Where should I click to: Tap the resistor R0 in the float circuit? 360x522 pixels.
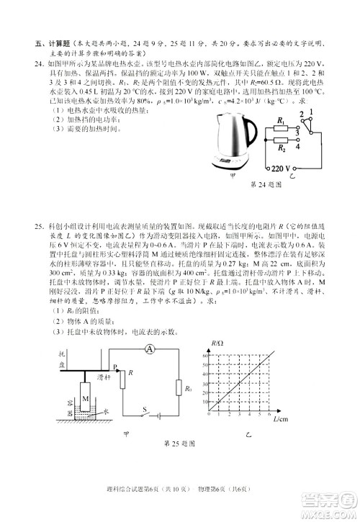click(180, 389)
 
